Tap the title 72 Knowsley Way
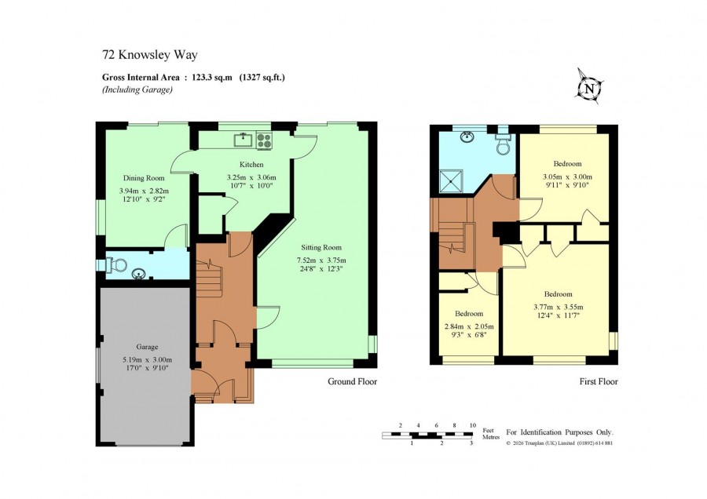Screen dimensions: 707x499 [150, 55]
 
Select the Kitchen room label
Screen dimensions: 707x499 [251, 165]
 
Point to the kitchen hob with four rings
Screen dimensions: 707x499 [264, 140]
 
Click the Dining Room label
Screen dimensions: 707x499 [144, 178]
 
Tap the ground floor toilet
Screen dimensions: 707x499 [115, 265]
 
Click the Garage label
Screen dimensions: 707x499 [147, 347]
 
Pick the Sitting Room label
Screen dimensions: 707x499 [321, 247]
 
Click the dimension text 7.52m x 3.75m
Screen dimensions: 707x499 [321, 260]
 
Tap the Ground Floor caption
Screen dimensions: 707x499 [352, 381]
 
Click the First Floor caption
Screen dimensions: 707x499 [599, 381]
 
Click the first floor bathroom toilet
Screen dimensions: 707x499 [502, 144]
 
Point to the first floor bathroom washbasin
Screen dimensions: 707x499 [467, 136]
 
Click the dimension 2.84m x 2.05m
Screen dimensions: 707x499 [469, 326]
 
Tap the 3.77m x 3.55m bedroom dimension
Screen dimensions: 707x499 [559, 307]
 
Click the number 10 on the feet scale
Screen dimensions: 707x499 [473, 425]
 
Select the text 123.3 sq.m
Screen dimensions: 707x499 [212, 77]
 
